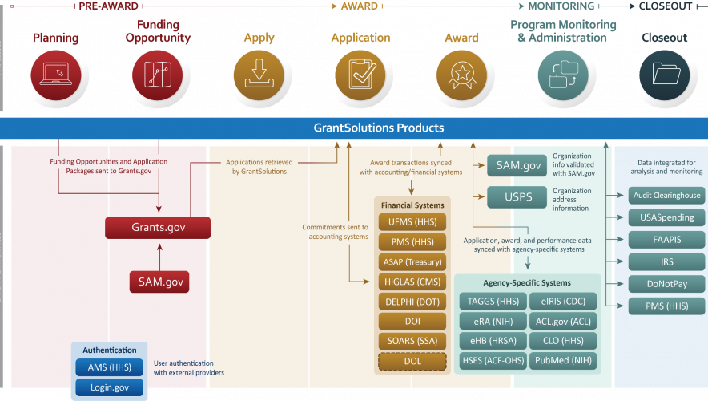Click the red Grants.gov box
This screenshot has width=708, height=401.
[158, 228]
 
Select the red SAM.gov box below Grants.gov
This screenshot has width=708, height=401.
[159, 282]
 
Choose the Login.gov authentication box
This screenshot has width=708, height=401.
[110, 388]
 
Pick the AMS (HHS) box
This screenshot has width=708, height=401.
[110, 368]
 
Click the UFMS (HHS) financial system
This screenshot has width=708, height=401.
[412, 221]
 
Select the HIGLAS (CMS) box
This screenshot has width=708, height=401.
[412, 282]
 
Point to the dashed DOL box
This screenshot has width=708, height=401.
[412, 362]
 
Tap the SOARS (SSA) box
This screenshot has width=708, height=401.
[412, 342]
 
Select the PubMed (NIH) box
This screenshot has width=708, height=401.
[561, 362]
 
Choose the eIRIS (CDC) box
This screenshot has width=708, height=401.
[561, 302]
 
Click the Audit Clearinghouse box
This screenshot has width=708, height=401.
[666, 195]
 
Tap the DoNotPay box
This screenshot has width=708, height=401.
[666, 283]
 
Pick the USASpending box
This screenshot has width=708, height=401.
[666, 217]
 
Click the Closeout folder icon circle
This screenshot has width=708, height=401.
[665, 75]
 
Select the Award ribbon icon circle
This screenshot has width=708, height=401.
[461, 75]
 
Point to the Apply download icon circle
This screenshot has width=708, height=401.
[258, 75]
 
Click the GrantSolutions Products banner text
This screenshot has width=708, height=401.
[378, 128]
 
